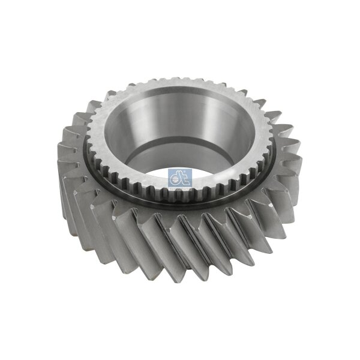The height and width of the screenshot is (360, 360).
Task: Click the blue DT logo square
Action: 178,178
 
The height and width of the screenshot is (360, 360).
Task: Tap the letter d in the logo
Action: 175,177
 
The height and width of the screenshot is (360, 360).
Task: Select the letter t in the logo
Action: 182,177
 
